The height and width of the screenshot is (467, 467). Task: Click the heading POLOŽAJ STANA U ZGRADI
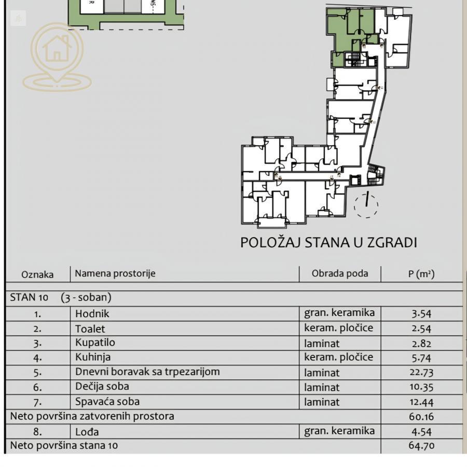[328, 242]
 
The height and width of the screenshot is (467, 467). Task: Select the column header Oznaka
[37, 274]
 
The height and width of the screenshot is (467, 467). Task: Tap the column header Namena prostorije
[115, 273]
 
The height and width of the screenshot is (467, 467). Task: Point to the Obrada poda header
[340, 273]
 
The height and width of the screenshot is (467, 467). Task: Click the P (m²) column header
[421, 274]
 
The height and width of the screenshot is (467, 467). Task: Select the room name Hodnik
[92, 313]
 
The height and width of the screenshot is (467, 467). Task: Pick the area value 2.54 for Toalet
[421, 328]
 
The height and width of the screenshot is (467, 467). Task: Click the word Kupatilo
[95, 342]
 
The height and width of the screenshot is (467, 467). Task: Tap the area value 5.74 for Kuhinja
[421, 358]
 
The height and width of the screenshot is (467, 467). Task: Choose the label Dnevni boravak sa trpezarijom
[147, 372]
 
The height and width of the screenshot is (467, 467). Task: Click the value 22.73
[421, 372]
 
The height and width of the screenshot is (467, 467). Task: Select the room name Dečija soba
[102, 387]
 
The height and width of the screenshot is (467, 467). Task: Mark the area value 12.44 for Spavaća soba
[421, 402]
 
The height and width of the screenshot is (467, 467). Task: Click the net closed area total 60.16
[421, 416]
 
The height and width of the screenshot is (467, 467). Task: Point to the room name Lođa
[87, 431]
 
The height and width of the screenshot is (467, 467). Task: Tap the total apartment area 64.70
[421, 445]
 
